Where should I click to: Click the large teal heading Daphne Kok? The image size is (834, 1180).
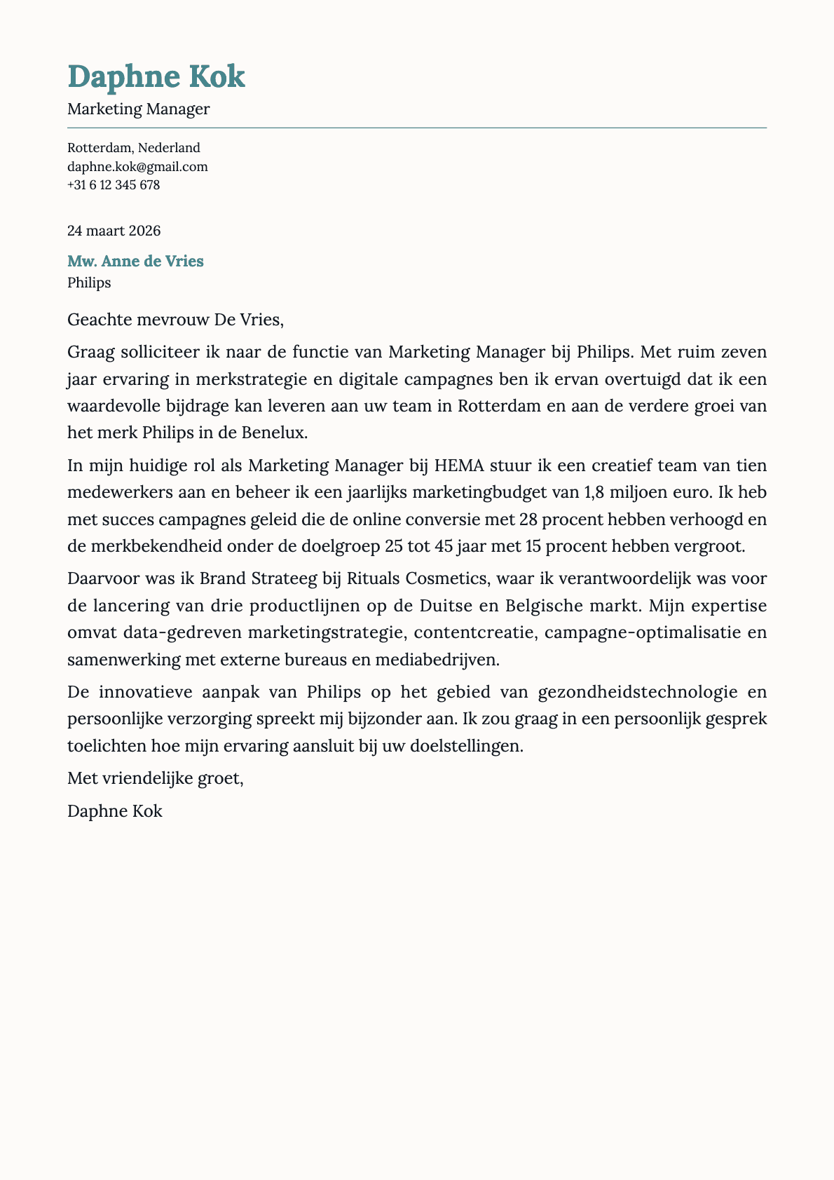coord(156,77)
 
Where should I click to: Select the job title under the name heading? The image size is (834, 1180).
coord(139,109)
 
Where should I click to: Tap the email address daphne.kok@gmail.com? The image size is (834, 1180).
coord(137,167)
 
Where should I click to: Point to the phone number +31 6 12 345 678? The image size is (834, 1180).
coord(114,186)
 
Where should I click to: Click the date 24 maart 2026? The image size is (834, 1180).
coord(114,231)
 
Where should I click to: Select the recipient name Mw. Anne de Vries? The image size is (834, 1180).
coord(135,262)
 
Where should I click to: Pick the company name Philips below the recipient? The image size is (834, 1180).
coord(89,283)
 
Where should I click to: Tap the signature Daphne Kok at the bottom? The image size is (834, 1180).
coord(115,811)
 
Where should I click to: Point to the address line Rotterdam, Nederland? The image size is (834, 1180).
coord(134,148)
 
